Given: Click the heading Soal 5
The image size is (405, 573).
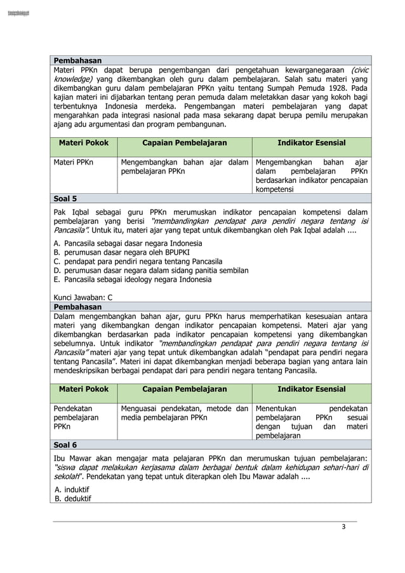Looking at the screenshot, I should point(65,198).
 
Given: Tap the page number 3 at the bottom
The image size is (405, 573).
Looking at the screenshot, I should point(343,527).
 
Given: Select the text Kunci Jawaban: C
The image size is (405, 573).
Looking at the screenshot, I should point(83,297).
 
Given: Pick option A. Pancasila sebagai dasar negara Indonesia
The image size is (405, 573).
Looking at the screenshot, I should point(128,243).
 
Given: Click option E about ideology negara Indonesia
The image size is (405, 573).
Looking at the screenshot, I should point(133,279).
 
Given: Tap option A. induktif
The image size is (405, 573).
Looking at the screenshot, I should point(72,490).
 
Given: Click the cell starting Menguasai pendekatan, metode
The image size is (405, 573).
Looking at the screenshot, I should point(184,414).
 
